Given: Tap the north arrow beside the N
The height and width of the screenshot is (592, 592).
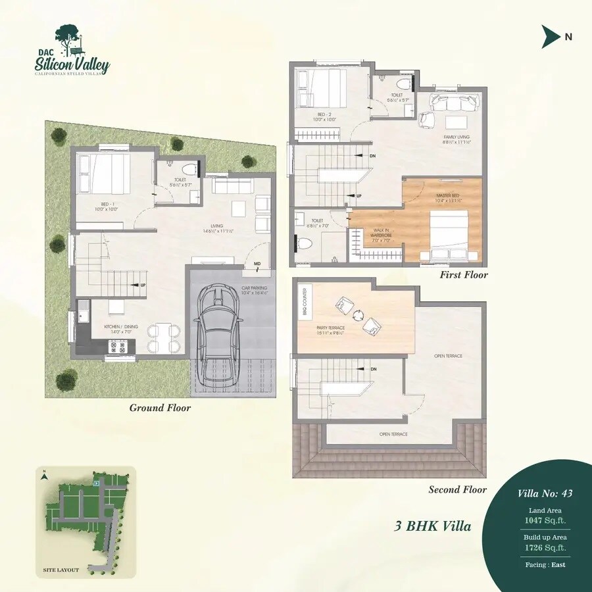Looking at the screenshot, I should click(550, 37).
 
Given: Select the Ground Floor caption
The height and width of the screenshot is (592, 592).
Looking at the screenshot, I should click(160, 408).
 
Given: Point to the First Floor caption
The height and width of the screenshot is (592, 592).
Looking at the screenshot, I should click(464, 274).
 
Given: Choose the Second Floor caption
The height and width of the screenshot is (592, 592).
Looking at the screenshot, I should click(457, 489).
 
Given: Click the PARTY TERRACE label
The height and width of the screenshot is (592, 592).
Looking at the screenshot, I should click(331, 330).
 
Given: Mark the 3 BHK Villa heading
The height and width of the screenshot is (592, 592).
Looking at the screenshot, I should click(433, 526).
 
